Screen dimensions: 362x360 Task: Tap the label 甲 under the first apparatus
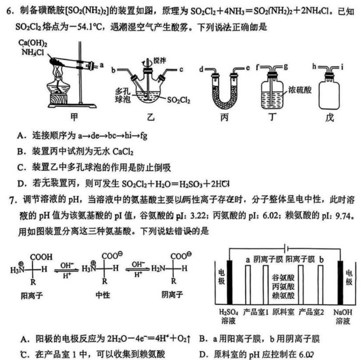point(74,117)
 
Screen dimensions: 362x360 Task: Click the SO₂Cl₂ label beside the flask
point(179,100)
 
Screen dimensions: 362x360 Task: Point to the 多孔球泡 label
point(123,95)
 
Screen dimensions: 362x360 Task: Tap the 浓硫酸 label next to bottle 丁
point(300,90)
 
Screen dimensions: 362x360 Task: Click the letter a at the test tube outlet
point(102,65)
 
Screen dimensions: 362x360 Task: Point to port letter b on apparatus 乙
point(113,70)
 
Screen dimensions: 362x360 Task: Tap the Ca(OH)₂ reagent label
point(33,43)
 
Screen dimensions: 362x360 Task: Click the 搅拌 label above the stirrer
point(159,61)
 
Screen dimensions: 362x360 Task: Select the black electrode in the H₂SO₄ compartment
point(230,282)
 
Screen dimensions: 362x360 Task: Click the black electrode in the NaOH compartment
point(341,282)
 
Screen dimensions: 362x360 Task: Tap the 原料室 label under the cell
point(283,312)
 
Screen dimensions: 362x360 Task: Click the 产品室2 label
point(311,312)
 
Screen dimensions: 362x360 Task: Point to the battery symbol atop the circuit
point(286,249)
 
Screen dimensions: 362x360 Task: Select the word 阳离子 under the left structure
point(32,295)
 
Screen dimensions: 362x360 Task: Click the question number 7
point(13,200)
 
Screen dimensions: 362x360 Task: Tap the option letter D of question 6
point(21,184)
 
